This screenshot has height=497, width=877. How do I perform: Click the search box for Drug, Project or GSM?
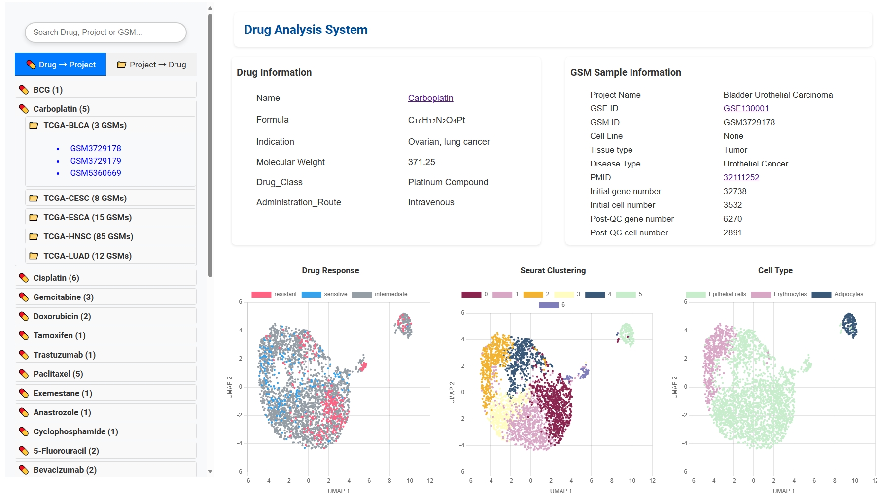(x=105, y=33)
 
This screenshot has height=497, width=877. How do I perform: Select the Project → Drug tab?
(x=151, y=65)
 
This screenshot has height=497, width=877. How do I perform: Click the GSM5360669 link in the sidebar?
(x=96, y=173)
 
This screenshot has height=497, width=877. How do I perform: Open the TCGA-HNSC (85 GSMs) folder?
(x=88, y=236)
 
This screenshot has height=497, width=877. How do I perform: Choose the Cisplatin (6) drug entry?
(x=56, y=278)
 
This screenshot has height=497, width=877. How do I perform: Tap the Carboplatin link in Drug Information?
(x=430, y=98)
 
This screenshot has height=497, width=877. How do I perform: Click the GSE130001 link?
(x=745, y=108)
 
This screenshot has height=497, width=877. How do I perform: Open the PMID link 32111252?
(x=741, y=177)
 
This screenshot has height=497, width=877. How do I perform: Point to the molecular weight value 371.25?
(x=421, y=162)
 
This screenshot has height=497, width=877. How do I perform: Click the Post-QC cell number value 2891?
(x=732, y=232)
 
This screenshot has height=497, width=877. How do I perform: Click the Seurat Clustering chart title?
(x=553, y=270)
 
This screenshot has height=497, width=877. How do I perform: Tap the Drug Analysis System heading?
(x=306, y=30)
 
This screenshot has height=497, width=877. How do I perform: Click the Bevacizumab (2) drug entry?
(x=65, y=470)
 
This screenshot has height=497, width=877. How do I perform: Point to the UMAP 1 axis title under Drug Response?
(x=338, y=491)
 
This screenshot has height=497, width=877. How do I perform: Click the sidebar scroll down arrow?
(x=210, y=471)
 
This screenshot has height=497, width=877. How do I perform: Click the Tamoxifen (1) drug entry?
(x=59, y=335)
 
